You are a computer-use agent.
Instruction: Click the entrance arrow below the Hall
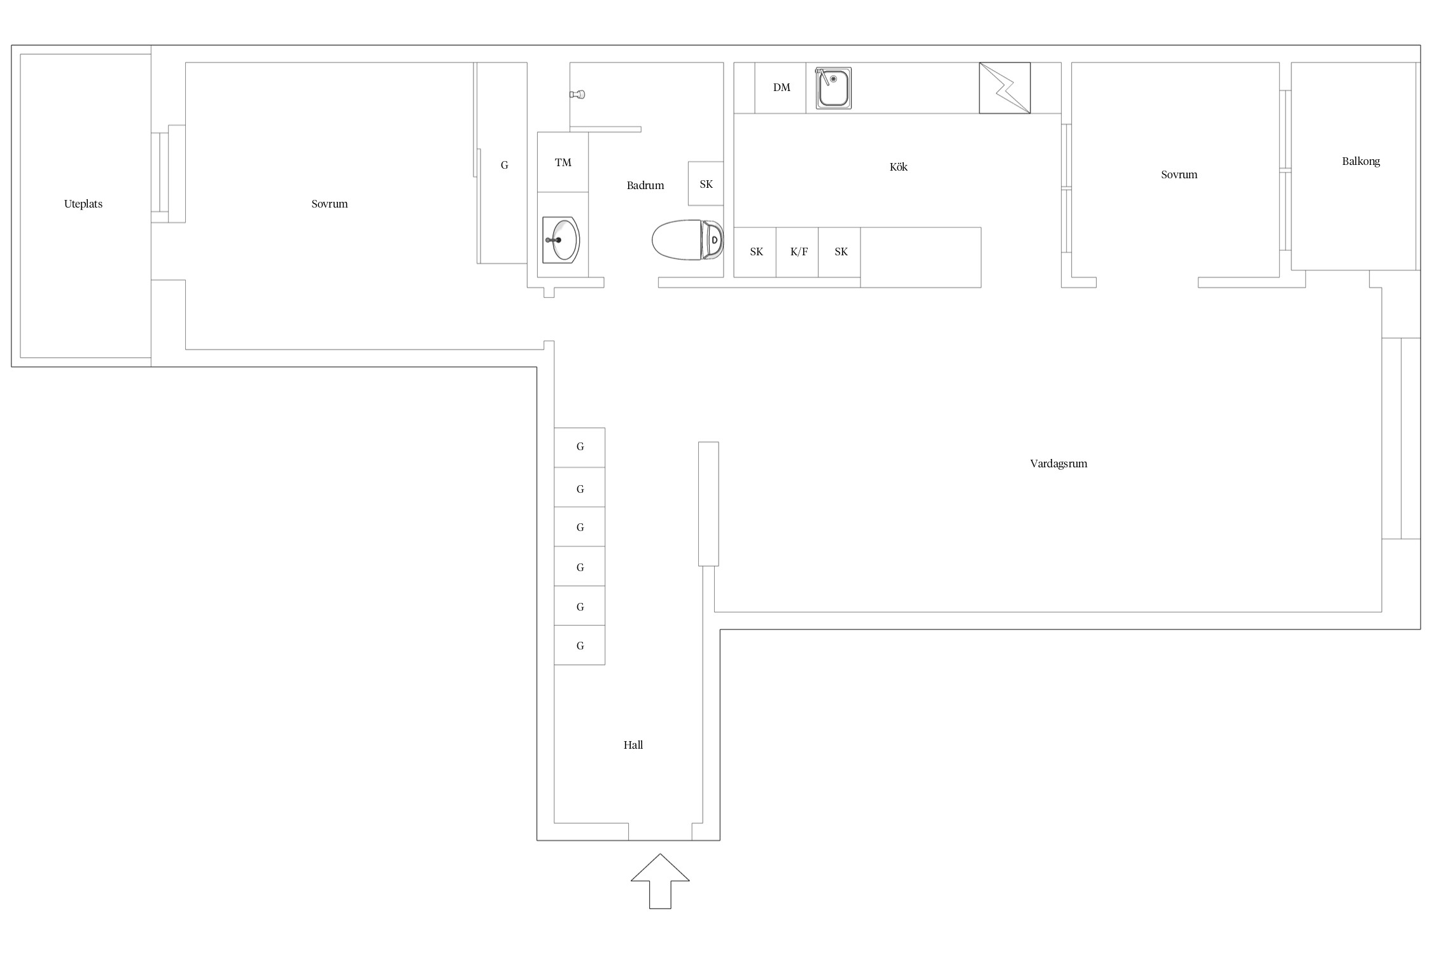pyautogui.click(x=660, y=881)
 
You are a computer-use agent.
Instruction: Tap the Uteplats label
pyautogui.click(x=83, y=204)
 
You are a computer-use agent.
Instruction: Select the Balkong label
pyautogui.click(x=1361, y=162)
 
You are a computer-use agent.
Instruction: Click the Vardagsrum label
pyautogui.click(x=1058, y=464)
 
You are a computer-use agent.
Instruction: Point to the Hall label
pyautogui.click(x=633, y=745)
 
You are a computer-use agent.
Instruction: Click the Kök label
pyautogui.click(x=898, y=167)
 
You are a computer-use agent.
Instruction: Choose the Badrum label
pyautogui.click(x=645, y=185)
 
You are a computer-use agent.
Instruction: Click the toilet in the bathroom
pyautogui.click(x=687, y=240)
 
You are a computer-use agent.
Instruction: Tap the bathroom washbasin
pyautogui.click(x=561, y=240)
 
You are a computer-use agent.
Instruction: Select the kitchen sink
pyautogui.click(x=833, y=88)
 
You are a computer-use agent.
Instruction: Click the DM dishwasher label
pyautogui.click(x=782, y=88)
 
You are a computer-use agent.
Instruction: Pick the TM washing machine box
pyautogui.click(x=563, y=162)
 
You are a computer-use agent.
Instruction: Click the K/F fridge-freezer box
pyautogui.click(x=797, y=252)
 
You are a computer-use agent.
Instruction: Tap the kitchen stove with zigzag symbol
pyautogui.click(x=1004, y=88)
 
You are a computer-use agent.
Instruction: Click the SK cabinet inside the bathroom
pyautogui.click(x=706, y=183)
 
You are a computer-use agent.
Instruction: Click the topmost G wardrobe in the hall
pyautogui.click(x=579, y=448)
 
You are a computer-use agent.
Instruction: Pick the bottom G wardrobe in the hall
pyautogui.click(x=579, y=645)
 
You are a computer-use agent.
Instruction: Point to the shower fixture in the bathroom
pyautogui.click(x=577, y=94)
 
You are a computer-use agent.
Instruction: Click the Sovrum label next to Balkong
pyautogui.click(x=1179, y=174)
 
